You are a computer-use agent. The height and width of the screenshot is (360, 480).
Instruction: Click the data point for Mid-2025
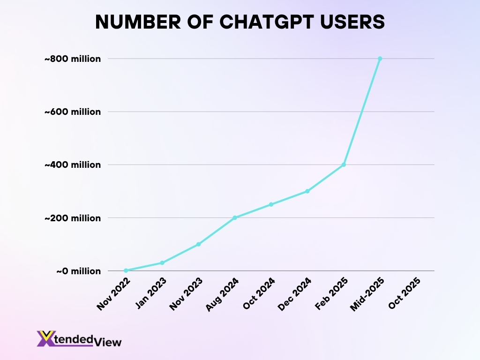coord(380,59)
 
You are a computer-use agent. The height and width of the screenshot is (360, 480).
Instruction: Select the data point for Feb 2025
coord(344,165)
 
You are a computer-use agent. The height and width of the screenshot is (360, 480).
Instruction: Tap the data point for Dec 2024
coord(307,191)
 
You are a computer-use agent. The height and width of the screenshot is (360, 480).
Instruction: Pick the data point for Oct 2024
coord(271,204)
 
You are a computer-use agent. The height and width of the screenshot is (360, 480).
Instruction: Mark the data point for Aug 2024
coord(235,217)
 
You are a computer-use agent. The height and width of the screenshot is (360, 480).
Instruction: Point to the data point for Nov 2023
coord(198,244)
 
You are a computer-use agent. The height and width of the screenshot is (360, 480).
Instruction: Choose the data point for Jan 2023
coord(162,262)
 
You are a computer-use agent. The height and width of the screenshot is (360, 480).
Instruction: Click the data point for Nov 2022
coord(126,270)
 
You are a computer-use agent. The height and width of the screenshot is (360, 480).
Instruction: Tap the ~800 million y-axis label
coord(72,59)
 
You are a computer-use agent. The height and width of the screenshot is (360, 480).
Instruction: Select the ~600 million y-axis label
coord(72,112)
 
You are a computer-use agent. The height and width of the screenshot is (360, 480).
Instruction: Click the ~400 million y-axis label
coord(72,165)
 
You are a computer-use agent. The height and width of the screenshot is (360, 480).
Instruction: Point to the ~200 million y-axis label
coord(72,218)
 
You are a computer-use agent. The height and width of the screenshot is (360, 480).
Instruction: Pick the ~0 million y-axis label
coord(78,271)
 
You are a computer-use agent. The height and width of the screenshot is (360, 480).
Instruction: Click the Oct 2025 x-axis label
coord(404,293)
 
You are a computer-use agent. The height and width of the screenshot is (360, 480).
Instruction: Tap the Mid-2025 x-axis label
coord(367,294)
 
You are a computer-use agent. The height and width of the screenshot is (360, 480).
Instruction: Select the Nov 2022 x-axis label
coord(113,294)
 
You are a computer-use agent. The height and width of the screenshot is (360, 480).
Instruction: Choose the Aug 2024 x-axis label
coord(223,294)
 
